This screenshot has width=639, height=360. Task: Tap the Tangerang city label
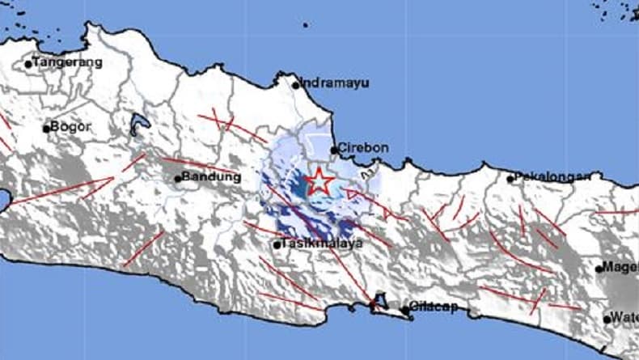tap(68, 61)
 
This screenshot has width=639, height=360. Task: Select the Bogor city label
tap(70, 126)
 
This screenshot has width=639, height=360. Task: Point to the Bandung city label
tap(211, 177)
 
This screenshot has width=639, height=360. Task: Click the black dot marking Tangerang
tap(28, 63)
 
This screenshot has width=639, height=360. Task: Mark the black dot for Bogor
tap(46, 128)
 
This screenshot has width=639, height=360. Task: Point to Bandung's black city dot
tap(178, 179)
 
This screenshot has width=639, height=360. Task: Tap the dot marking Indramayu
tap(296, 83)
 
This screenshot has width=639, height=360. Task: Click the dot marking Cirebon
tap(333, 150)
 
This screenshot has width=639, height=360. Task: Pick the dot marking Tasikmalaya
tap(277, 244)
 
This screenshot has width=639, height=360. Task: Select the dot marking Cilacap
tap(404, 309)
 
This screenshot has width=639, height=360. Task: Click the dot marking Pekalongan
tap(510, 179)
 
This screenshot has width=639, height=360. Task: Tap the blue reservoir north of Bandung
tap(138, 126)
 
